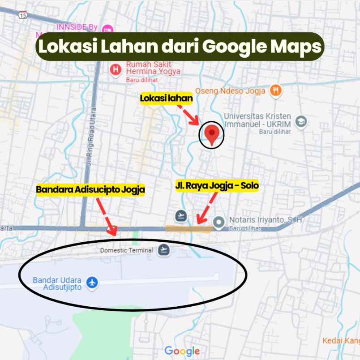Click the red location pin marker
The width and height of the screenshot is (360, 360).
[x=211, y=134]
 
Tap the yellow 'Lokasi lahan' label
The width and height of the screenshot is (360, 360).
[x=166, y=99]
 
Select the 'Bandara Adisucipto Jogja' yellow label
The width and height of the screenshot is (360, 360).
[x=90, y=190]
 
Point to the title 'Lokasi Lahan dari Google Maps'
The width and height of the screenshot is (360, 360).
[x=180, y=47]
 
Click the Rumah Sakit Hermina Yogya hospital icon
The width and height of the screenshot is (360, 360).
[x=116, y=70]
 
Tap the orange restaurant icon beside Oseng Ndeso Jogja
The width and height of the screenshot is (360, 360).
[x=275, y=90]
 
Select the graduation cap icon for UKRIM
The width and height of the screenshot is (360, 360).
[x=301, y=122]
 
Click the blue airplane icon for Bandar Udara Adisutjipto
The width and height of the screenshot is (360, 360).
[x=92, y=283]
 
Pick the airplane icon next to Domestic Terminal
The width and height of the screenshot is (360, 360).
[x=164, y=250]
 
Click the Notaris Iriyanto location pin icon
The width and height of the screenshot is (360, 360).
[x=219, y=221]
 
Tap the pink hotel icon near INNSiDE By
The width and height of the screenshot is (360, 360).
[x=107, y=29]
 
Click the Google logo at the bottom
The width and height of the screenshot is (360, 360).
[x=182, y=351]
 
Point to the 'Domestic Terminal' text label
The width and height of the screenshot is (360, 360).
[x=126, y=250]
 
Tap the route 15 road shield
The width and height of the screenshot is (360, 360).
[x=23, y=15]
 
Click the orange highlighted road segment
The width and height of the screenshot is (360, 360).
[x=189, y=229]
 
